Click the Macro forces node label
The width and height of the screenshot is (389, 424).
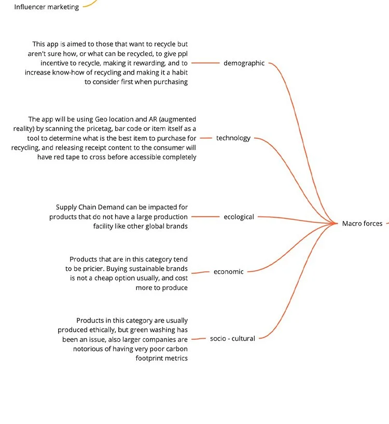[362, 224]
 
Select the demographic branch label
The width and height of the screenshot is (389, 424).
[244, 63]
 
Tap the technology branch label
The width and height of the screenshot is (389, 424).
[233, 138]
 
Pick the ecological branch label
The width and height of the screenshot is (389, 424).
[239, 217]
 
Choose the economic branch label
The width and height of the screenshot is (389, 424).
[228, 272]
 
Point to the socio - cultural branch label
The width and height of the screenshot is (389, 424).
[232, 339]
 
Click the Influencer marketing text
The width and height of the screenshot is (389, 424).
[47, 7]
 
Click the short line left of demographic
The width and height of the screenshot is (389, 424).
[205, 63]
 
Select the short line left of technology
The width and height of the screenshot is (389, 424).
[206, 138]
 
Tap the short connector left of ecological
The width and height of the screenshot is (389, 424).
[205, 217]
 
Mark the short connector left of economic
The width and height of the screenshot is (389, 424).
[200, 272]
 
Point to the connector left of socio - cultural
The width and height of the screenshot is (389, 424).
[198, 339]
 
